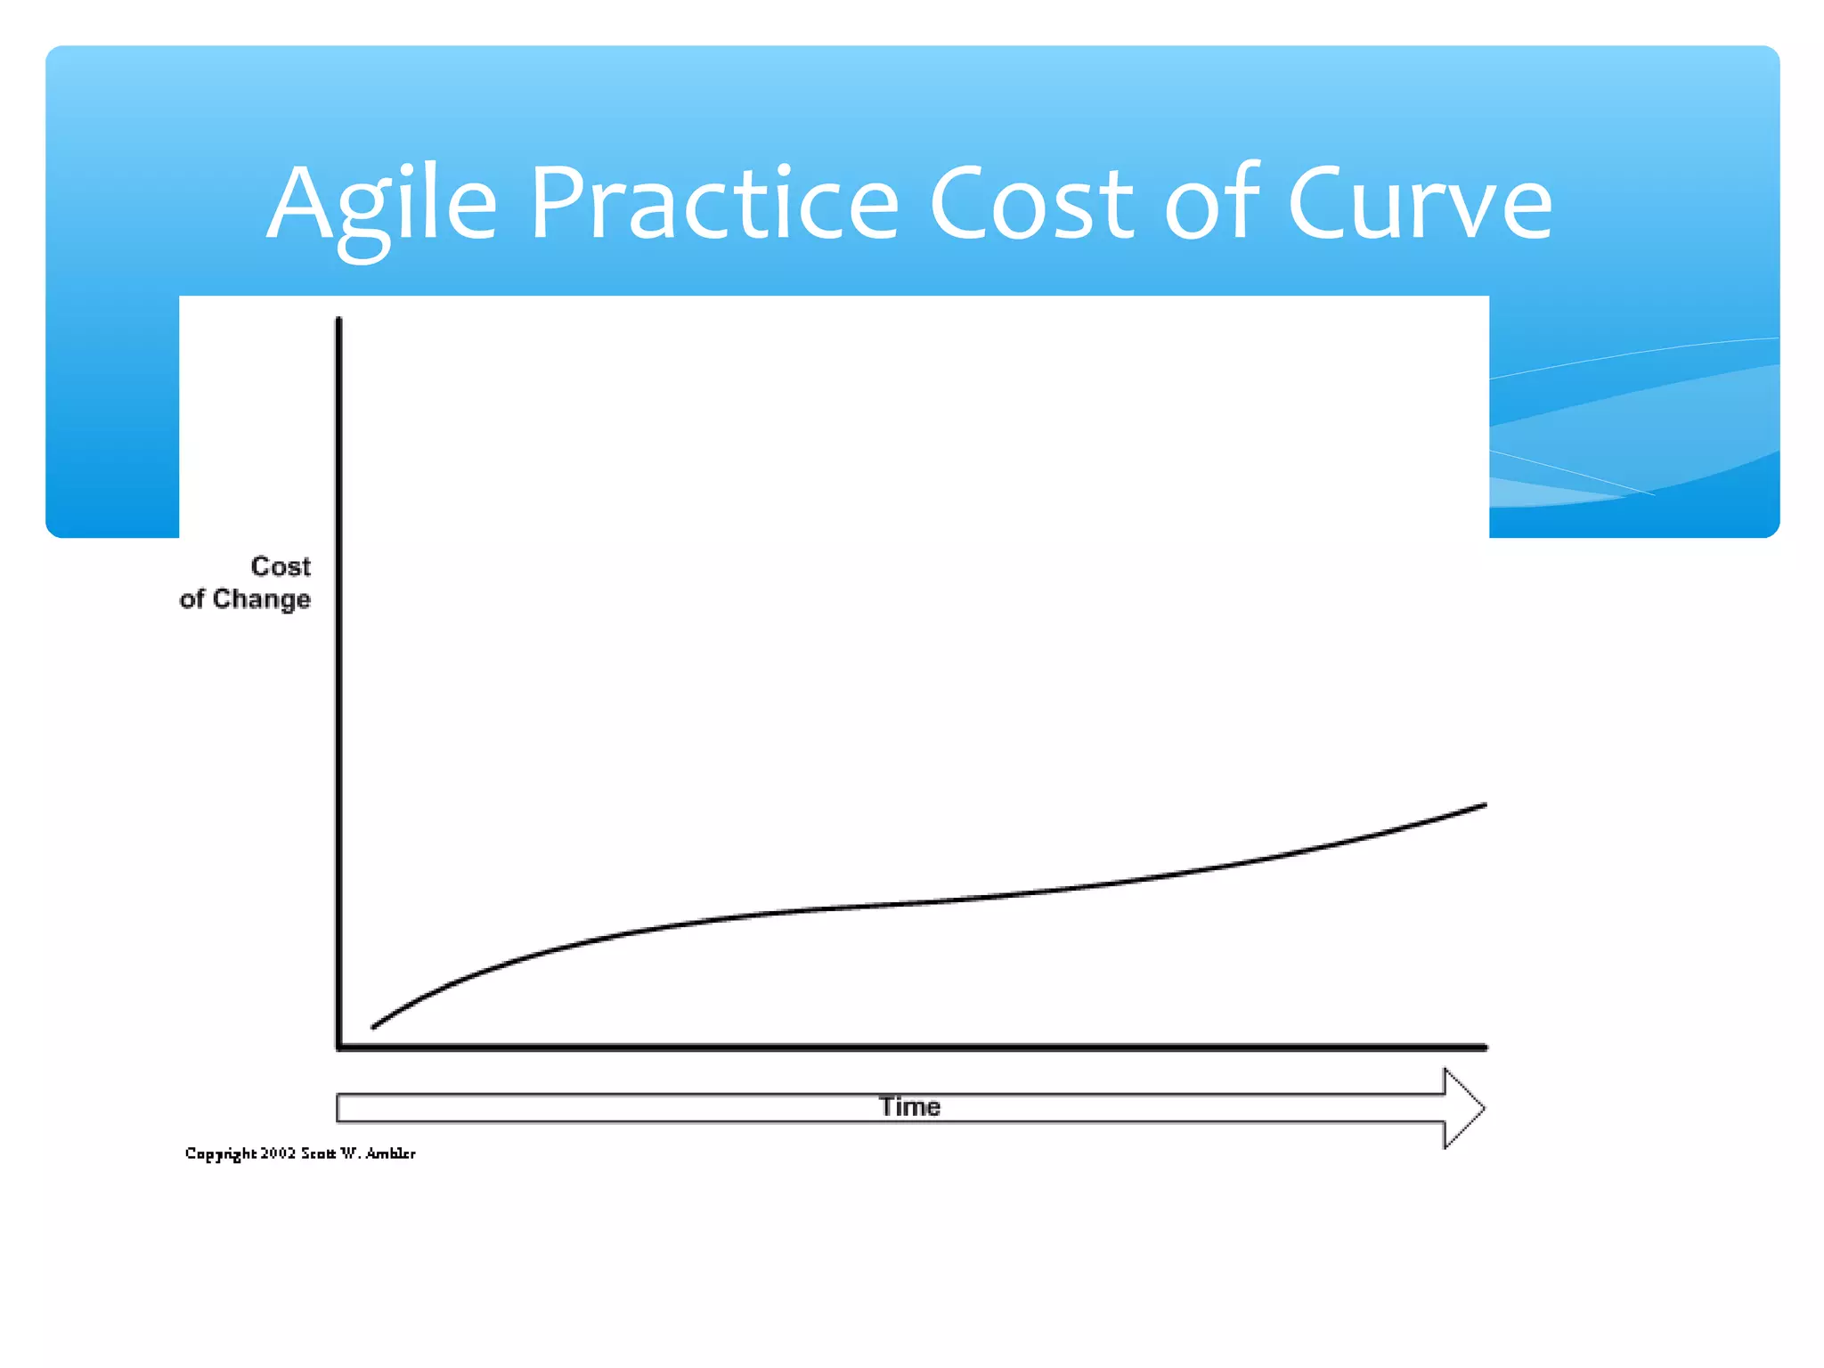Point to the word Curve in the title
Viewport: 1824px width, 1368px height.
[1420, 205]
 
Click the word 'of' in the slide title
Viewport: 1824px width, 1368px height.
[1211, 205]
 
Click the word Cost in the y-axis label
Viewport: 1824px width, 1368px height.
[281, 566]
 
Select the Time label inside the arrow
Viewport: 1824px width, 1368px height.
[909, 1107]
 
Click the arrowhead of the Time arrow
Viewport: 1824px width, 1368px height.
[1463, 1108]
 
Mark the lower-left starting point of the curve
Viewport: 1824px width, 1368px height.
[374, 1026]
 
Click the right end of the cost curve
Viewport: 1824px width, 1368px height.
[1484, 805]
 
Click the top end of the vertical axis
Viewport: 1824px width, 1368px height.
[338, 321]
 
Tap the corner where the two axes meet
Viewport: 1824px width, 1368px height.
[339, 1047]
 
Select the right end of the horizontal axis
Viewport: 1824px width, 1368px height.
[1484, 1047]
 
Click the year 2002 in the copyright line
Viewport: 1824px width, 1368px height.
[278, 1153]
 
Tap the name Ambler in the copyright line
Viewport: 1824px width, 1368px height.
[390, 1153]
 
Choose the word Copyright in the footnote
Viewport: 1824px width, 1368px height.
[220, 1154]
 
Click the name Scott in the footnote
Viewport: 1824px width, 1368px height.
[318, 1153]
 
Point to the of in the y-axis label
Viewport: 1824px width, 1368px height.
[191, 599]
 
